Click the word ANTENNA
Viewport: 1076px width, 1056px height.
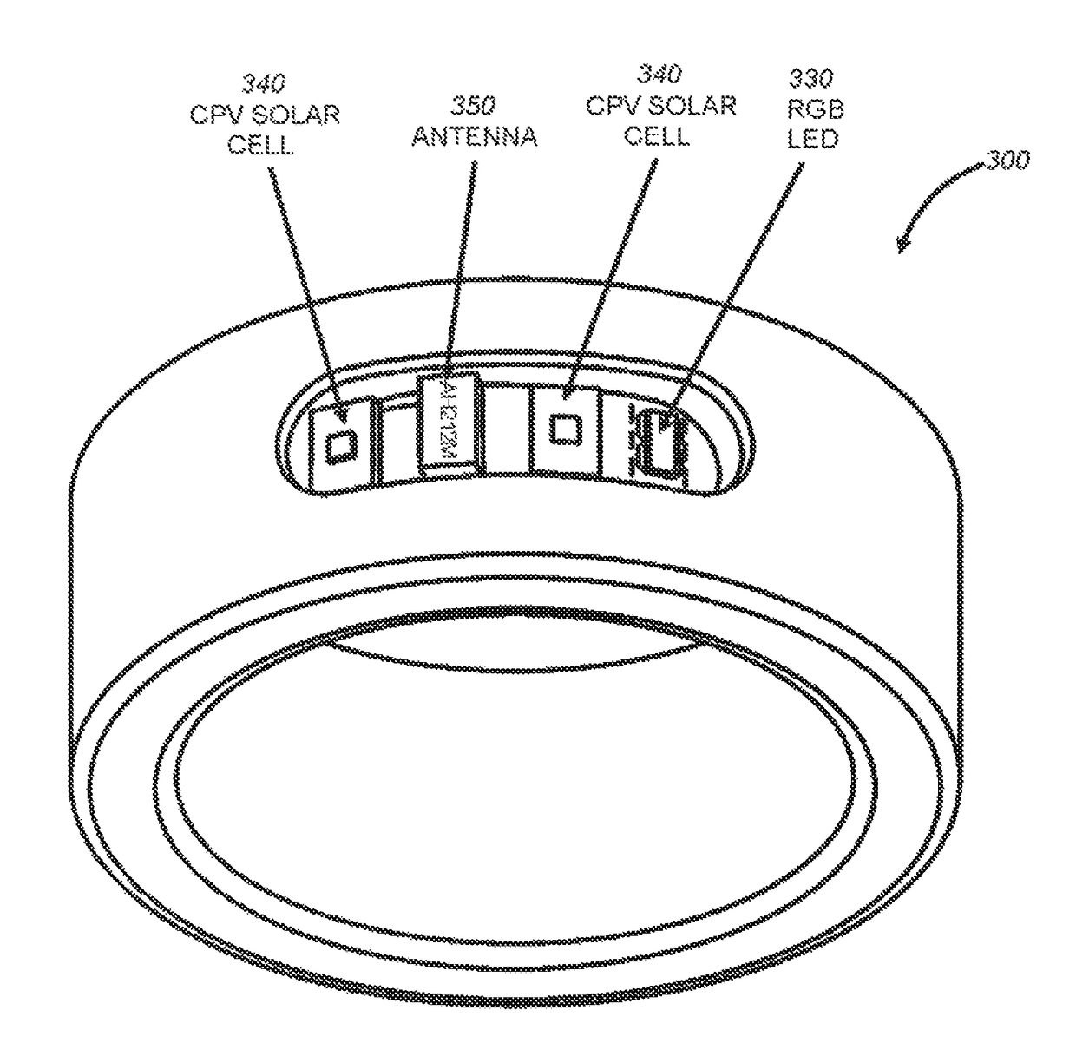pyautogui.click(x=473, y=136)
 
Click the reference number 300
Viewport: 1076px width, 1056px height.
pyautogui.click(x=1007, y=161)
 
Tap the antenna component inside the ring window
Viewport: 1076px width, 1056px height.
pyautogui.click(x=449, y=421)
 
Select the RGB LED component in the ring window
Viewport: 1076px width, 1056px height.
pyautogui.click(x=657, y=440)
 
